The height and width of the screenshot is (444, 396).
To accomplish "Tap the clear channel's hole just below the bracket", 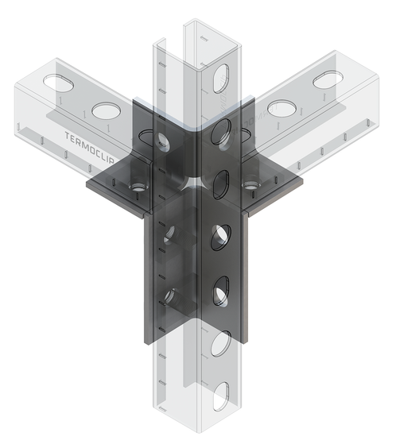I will (x=221, y=344).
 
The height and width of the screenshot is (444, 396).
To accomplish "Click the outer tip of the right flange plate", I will (x=301, y=183).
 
